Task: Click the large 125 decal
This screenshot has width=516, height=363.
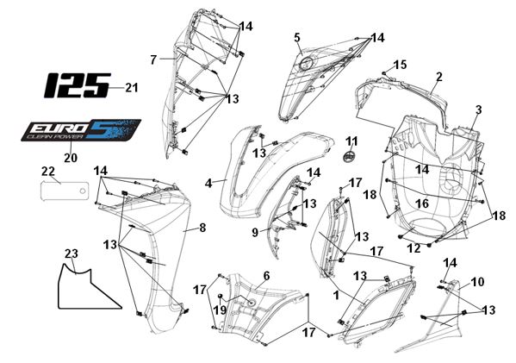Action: [77, 85]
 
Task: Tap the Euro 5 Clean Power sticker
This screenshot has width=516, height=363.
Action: [81, 130]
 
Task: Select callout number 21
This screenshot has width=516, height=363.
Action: [131, 88]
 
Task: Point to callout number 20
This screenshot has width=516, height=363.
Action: [71, 158]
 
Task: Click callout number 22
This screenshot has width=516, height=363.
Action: [47, 172]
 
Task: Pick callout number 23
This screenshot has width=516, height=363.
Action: [71, 253]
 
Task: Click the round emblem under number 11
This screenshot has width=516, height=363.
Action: [349, 156]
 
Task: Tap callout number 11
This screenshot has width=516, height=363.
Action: [351, 141]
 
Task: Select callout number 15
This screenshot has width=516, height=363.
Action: [401, 65]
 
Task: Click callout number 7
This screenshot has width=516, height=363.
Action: [153, 60]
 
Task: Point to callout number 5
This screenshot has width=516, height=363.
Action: [297, 37]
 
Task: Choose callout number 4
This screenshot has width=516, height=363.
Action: [208, 183]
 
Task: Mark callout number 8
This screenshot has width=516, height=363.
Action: [202, 228]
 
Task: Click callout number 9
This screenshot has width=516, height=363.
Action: [255, 232]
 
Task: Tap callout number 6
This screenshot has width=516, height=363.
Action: [266, 276]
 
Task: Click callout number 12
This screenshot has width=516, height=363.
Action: [413, 248]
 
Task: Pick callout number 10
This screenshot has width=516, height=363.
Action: [477, 282]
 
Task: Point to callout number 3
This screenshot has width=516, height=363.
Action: [478, 110]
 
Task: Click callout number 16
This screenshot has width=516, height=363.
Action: [422, 203]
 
